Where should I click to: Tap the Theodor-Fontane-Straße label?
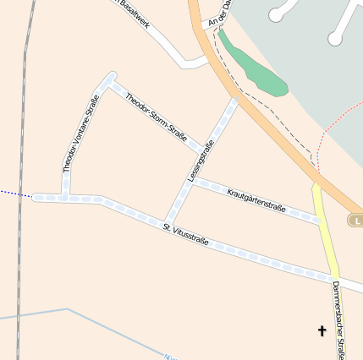81,134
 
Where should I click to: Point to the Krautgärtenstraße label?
256,200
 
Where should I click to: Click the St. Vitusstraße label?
186,234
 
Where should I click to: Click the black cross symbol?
322,330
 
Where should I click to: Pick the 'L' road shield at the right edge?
355,220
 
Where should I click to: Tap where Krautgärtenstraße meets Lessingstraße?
191,180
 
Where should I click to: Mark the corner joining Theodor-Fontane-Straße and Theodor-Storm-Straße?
109,79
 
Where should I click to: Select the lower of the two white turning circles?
336,38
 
